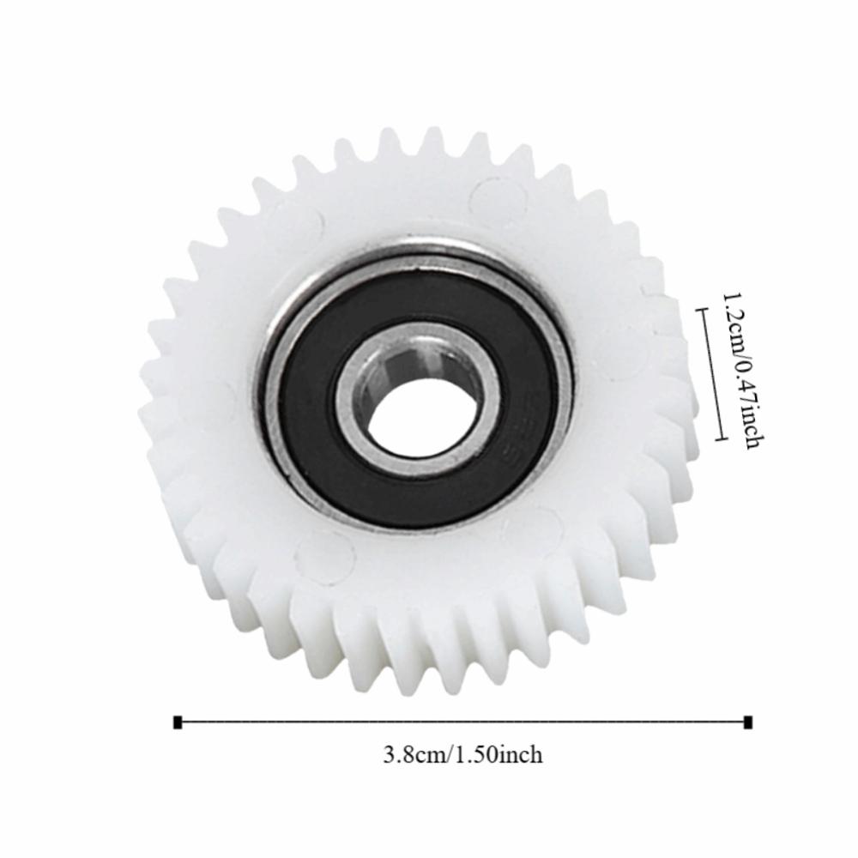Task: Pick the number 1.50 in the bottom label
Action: tap(476, 755)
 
